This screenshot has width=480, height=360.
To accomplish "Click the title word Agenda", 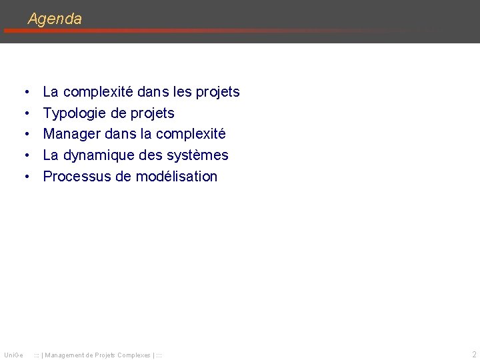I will tap(55, 19).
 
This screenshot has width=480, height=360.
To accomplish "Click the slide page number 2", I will tap(473, 355).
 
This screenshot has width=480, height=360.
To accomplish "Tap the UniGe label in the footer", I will tap(13, 355).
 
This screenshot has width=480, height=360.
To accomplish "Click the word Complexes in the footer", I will tap(133, 355).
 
